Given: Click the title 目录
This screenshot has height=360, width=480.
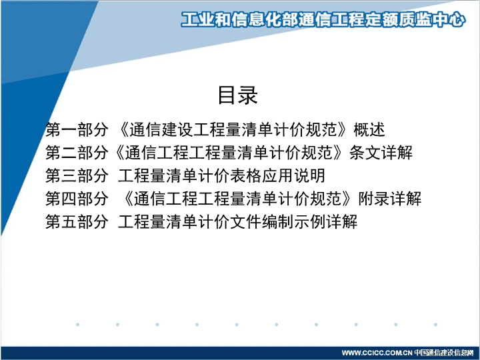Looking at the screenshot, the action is point(237,95).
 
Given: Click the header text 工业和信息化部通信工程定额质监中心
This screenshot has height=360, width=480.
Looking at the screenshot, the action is point(323,19).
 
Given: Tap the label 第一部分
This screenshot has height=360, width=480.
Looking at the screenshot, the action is point(77,129).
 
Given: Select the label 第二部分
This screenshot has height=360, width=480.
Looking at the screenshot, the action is point(77,152).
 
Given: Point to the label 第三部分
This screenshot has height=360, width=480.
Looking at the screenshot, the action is point(77,175).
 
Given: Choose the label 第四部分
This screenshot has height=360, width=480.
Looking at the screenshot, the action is point(77,199).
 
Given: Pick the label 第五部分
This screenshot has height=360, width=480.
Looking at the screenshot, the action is point(77,221).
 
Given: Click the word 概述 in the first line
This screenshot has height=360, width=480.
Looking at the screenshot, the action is point(369,129).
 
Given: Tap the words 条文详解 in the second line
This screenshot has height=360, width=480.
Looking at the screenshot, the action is point(381,152).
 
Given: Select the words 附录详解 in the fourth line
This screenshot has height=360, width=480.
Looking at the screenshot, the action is point(390,199).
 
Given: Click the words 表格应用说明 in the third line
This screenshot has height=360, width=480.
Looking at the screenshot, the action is point(277,175).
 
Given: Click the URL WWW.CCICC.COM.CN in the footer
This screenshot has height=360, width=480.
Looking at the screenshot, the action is point(377,353).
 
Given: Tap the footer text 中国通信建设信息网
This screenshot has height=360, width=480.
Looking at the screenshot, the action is point(444,353).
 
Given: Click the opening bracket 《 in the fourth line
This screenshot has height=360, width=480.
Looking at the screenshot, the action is point(128,199).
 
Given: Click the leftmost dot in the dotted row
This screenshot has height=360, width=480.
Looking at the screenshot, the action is point(77,325).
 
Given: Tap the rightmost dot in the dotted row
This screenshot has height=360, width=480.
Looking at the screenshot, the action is point(435,325).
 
